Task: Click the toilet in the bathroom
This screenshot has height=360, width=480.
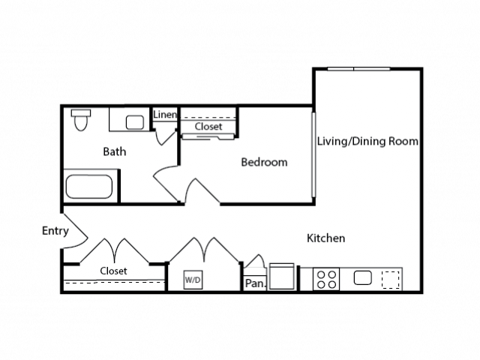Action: coord(81,120)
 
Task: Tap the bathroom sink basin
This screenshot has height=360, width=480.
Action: coord(135,122)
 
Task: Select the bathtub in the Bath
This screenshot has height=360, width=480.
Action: coord(89,187)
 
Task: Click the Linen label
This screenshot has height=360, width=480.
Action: coord(165,115)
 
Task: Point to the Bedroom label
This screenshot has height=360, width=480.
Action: coord(264,162)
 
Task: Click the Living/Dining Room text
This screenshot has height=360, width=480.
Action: coord(367,141)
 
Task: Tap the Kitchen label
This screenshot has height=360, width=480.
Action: coord(325,238)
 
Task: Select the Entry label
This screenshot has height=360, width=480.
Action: coord(55,231)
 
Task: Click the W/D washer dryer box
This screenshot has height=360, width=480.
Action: coord(193,280)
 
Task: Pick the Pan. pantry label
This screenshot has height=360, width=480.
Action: coord(256,283)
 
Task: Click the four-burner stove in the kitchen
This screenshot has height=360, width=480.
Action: coord(326,279)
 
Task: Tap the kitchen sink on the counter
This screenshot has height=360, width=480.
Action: coord(363,278)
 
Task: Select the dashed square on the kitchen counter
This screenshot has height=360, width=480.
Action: coord(391,280)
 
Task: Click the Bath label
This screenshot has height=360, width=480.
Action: coord(115,151)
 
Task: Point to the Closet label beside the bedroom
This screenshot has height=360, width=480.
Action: coord(208,127)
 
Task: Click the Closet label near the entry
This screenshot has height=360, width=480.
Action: coord(113,271)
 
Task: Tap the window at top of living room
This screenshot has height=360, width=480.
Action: coord(358,69)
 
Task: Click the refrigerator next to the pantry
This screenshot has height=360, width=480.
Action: coord(282,276)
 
